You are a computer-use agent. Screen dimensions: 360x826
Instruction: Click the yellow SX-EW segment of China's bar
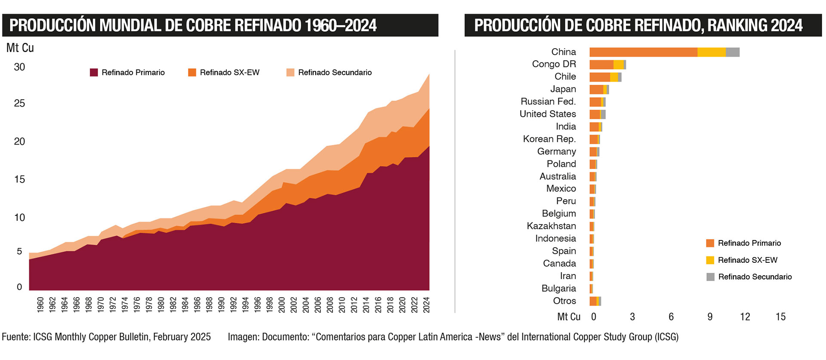coord(711,52)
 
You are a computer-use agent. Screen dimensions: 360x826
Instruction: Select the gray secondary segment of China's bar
coord(733,52)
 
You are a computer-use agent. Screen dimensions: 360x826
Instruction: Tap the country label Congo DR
coord(554,64)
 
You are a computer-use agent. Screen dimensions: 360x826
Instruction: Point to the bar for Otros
coord(595,301)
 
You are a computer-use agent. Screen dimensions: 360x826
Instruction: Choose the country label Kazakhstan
coord(551,226)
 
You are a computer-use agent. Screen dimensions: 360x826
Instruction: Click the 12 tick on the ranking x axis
coord(745,317)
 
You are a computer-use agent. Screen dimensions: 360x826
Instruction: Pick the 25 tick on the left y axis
coord(19,103)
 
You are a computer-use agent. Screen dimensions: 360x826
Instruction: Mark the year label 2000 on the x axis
coord(282,305)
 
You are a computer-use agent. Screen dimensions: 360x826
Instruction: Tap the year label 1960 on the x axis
coord(40,305)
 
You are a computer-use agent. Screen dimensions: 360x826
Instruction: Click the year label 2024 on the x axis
coord(427,305)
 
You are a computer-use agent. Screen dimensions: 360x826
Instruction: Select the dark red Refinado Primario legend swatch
coord(94,72)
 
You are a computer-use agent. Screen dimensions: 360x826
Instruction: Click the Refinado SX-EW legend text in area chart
coord(229,72)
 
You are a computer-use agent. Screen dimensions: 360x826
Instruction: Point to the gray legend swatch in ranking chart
coord(710,277)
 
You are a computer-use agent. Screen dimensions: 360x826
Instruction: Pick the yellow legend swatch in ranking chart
coord(710,260)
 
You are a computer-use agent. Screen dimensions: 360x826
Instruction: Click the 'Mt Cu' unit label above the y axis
coord(20,48)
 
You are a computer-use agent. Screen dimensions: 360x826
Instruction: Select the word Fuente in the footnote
coord(15,337)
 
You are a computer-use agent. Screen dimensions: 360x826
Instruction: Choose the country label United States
coord(547,114)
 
